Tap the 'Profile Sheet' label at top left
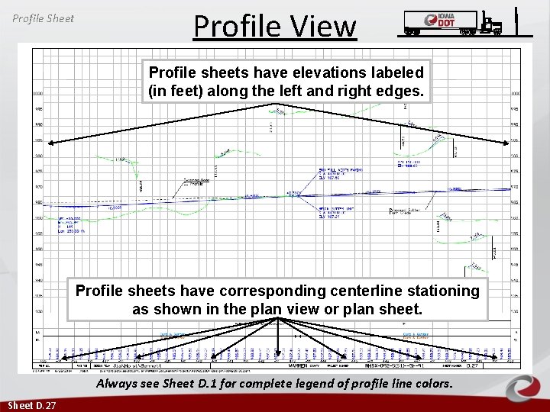(44, 18)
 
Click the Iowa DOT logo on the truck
(445, 21)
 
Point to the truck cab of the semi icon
(491, 24)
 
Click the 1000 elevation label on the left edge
(37, 93)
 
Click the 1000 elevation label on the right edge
(516, 93)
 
